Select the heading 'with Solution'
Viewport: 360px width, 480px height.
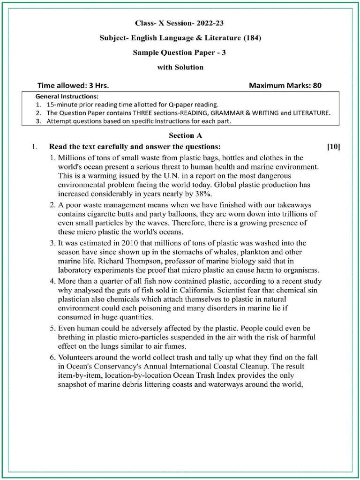180,67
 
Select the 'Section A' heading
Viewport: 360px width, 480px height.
185,135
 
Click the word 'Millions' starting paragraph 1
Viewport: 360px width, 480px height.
71,157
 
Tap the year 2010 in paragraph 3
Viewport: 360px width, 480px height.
130,243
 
